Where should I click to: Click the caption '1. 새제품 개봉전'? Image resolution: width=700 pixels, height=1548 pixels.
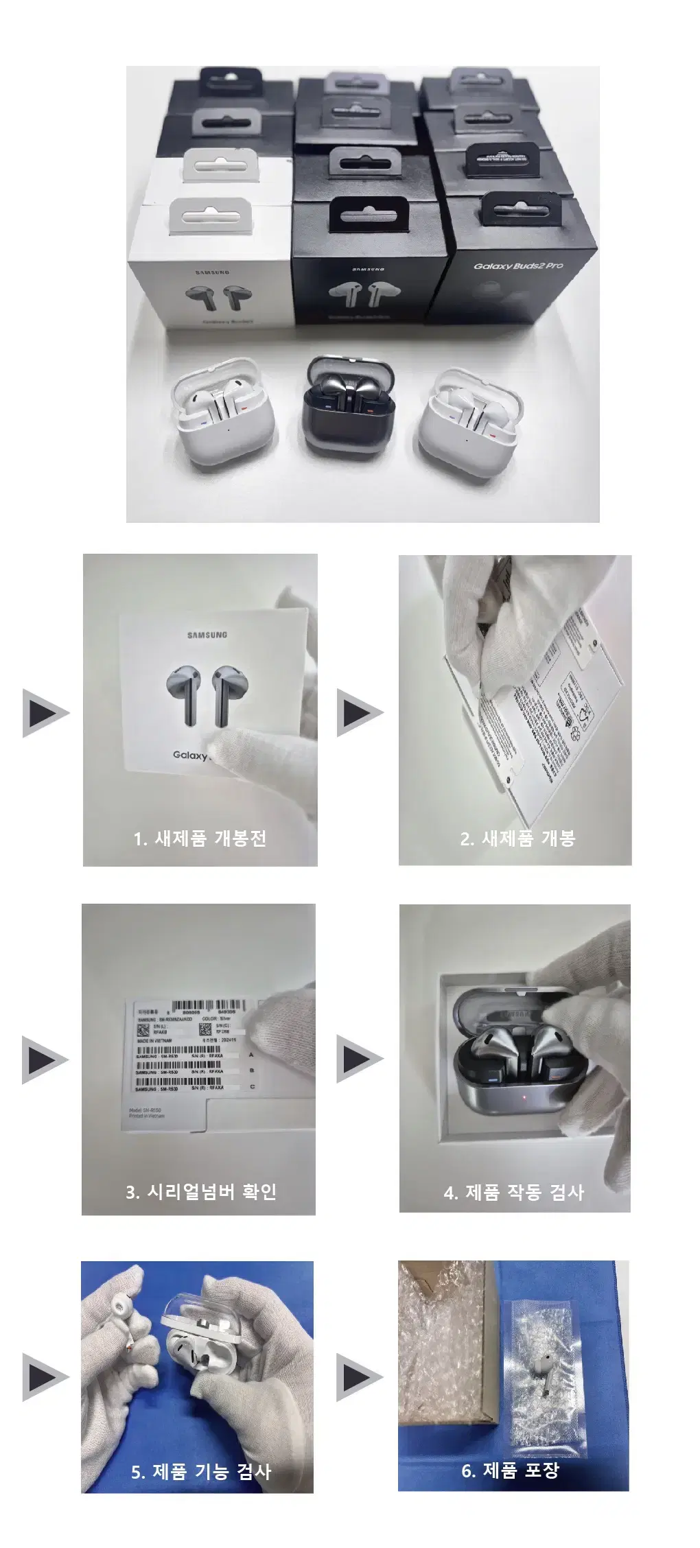point(200,838)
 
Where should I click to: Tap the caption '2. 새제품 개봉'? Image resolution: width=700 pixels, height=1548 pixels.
point(517,838)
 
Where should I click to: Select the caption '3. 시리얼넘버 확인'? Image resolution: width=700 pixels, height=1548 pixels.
point(200,1191)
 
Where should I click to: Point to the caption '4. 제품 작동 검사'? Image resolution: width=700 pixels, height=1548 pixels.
point(514,1192)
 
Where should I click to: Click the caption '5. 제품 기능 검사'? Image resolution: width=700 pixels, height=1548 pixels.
point(200,1471)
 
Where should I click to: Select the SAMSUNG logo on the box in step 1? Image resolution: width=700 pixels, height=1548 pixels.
point(207,635)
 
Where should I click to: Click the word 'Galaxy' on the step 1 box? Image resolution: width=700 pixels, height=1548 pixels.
point(189,755)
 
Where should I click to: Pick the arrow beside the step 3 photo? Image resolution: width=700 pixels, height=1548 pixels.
point(45,1060)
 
